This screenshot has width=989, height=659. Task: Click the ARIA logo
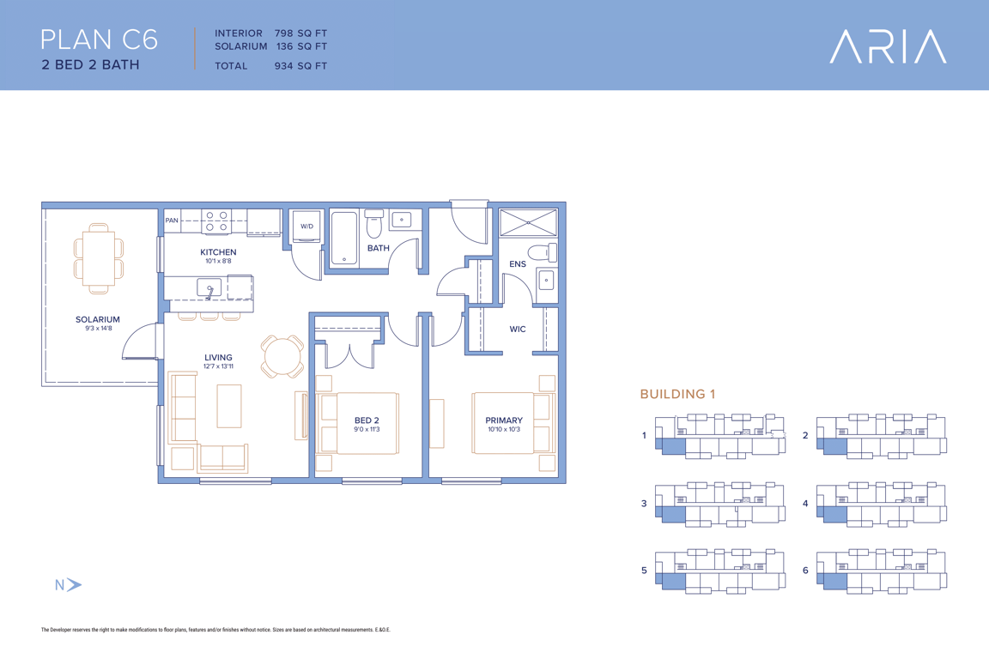pos(888,46)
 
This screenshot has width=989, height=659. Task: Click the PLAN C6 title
pos(99,39)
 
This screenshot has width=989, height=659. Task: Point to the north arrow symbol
pos(74,584)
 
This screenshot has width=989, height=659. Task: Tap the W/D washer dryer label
pos(306,226)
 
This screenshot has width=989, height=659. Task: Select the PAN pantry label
pos(172,220)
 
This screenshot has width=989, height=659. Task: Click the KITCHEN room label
pos(218,252)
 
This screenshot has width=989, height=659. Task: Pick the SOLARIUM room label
pos(98,320)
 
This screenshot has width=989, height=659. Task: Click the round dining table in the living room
pos(282,357)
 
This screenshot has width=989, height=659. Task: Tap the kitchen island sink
pos(209,288)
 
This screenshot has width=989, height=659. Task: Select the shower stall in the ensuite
pos(528,222)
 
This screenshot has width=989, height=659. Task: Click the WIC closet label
pos(517,329)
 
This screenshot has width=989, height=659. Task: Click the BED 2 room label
pos(367,420)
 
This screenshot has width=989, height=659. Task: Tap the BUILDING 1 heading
pos(677,394)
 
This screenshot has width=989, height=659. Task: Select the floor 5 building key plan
pos(720,571)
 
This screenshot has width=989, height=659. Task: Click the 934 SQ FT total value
pos(300,65)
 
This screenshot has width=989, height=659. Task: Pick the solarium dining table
pos(99,258)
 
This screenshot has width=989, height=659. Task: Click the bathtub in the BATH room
pos(344,239)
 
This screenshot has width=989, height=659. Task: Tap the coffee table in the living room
pos(229,406)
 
